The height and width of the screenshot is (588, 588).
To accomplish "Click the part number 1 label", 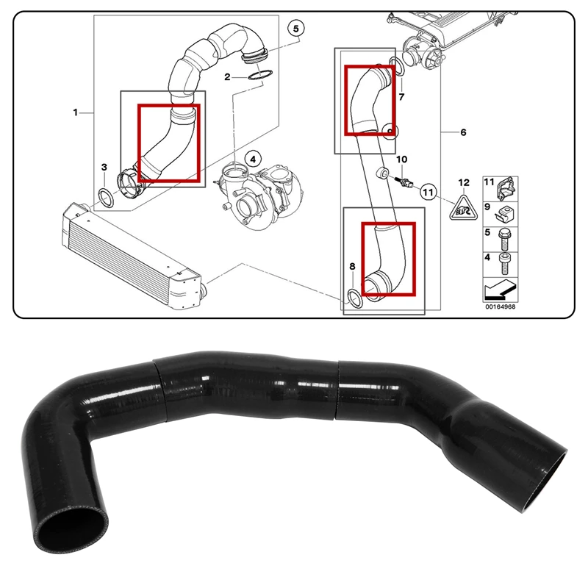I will [75, 112].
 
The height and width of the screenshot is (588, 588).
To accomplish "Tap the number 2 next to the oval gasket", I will [228, 76].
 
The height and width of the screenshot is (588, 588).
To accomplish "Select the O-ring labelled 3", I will [106, 196].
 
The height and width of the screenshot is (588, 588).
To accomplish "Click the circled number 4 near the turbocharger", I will [252, 158].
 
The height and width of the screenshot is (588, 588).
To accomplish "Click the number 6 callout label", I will [462, 132].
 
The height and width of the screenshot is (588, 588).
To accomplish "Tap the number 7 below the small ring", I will [401, 96].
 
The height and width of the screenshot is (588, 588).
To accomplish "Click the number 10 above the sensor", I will [401, 159].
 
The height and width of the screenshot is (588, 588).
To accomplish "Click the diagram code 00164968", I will [500, 307].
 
